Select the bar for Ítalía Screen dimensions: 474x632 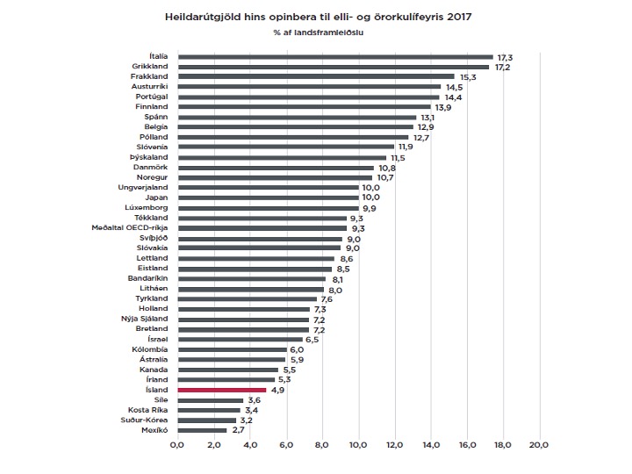click(x=334, y=56)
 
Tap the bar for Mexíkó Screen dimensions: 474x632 click(x=201, y=430)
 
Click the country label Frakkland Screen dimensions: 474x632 click(x=149, y=77)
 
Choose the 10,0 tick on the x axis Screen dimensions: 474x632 click(x=358, y=446)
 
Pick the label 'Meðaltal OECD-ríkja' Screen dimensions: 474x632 click(x=130, y=227)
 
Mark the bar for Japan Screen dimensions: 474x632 click(x=268, y=197)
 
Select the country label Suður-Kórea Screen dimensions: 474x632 click(x=145, y=420)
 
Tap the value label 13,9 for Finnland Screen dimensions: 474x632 click(x=442, y=107)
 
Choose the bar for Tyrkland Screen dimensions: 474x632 click(x=246, y=298)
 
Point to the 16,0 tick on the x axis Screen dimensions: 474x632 click(x=466, y=446)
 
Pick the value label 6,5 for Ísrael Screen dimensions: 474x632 click(x=309, y=339)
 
